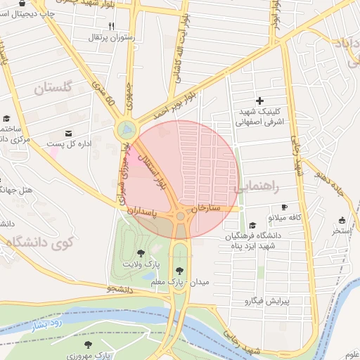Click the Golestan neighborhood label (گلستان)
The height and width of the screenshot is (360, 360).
[x=53, y=88]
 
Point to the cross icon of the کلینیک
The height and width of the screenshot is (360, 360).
[x=259, y=101]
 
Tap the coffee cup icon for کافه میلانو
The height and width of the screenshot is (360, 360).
[x=284, y=207]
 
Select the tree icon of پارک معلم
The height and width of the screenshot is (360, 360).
[x=180, y=270]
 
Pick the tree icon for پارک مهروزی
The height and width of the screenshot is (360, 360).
[x=88, y=345]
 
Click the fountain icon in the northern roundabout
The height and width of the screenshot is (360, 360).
[x=126, y=129]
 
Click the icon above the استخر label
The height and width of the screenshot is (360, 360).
[x=342, y=221]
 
